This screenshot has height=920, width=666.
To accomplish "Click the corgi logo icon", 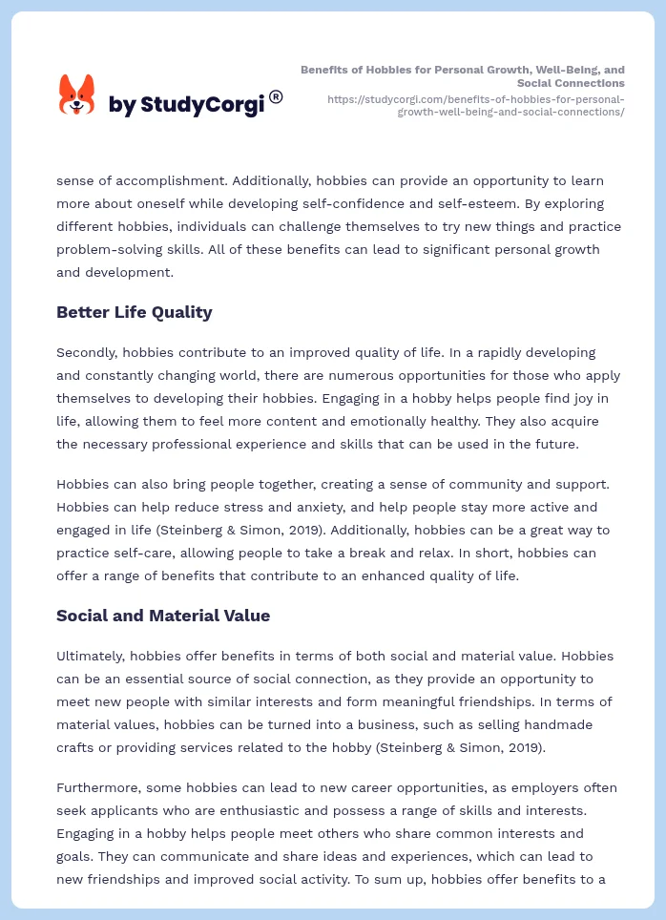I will click(x=77, y=95).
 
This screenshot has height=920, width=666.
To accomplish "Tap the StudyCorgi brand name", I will click(x=186, y=105).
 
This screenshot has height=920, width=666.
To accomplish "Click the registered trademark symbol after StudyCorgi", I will click(x=276, y=96).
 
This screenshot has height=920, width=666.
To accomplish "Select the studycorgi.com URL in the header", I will click(x=475, y=105).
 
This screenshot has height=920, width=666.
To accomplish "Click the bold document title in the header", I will click(x=463, y=76).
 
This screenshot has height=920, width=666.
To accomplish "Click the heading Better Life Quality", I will click(x=135, y=312).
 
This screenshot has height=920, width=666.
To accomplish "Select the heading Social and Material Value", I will click(x=162, y=616).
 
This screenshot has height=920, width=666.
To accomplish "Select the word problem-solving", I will click(x=109, y=249).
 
